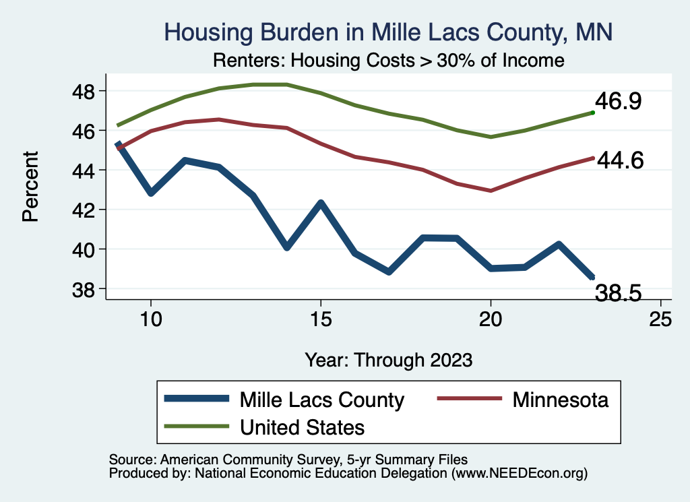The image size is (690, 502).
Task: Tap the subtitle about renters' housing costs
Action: (x=388, y=60)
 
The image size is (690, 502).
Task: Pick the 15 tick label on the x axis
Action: (x=321, y=319)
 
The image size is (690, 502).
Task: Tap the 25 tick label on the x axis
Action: (x=660, y=319)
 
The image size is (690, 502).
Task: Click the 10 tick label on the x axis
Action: (x=151, y=319)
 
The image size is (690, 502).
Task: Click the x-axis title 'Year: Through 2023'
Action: (x=388, y=359)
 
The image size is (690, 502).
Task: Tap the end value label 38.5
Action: (x=617, y=292)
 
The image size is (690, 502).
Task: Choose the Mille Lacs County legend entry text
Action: (x=322, y=400)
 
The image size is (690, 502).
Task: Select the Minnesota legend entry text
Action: (x=560, y=400)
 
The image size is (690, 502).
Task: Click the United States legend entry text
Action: (x=303, y=427)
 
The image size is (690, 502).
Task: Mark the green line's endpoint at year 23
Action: (x=592, y=113)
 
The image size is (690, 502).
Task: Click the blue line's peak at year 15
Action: (x=321, y=203)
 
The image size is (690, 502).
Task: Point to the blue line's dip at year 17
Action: (x=389, y=272)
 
